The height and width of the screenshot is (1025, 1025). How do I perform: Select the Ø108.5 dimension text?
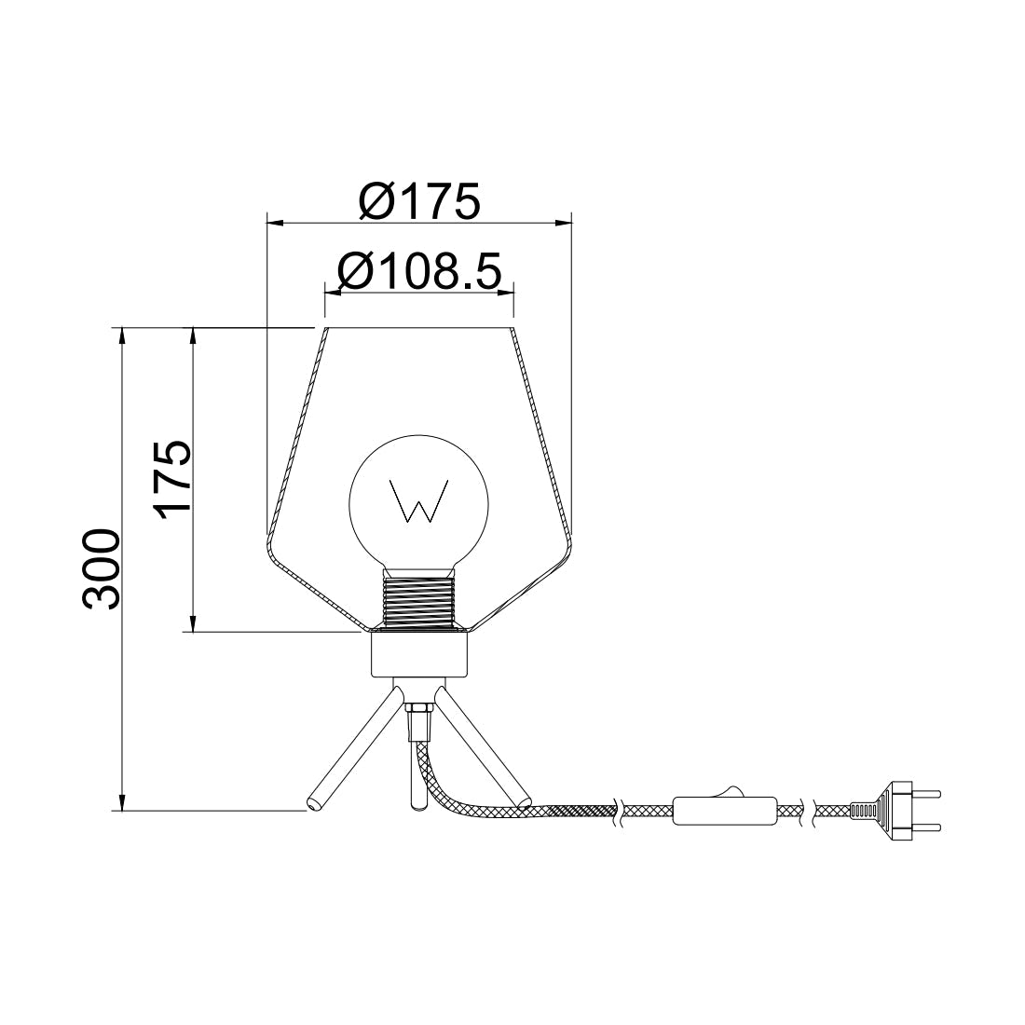[x=419, y=271]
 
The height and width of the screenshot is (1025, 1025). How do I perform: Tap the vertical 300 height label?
[x=102, y=569]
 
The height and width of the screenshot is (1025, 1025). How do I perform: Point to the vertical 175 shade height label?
[x=173, y=479]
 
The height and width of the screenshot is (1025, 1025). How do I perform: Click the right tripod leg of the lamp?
[x=482, y=745]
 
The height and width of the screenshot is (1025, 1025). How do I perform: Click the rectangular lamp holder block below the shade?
[x=418, y=654]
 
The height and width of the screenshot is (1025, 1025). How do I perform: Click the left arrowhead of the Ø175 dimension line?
[x=274, y=222]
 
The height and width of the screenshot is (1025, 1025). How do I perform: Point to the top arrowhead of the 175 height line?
[x=193, y=335]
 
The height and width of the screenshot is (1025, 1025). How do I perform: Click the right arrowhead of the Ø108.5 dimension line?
[x=506, y=293]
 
